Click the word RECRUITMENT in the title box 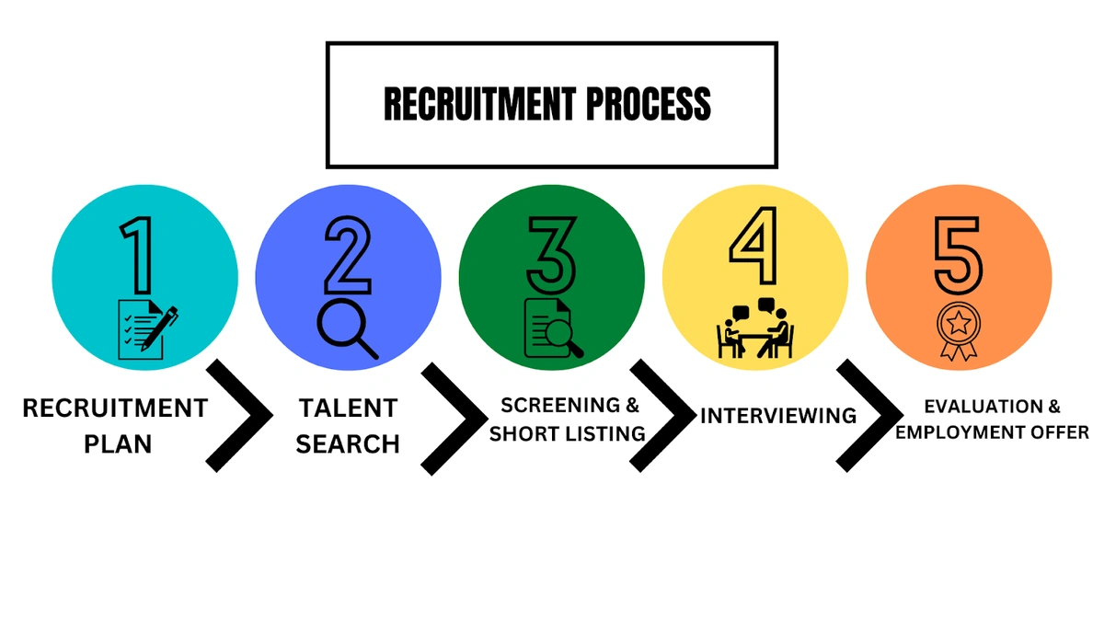coord(480,103)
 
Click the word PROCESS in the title coord(649,103)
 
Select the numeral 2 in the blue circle coord(348,256)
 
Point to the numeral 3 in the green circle coord(551,256)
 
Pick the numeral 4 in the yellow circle coord(754,246)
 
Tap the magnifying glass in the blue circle coord(347,329)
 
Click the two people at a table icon coord(755,328)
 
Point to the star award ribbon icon coord(959,331)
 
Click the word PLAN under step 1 coord(118,444)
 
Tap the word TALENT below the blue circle coord(348,408)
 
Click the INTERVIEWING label coord(778,416)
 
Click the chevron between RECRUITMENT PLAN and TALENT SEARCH coord(239,416)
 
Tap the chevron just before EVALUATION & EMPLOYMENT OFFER coord(870,416)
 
